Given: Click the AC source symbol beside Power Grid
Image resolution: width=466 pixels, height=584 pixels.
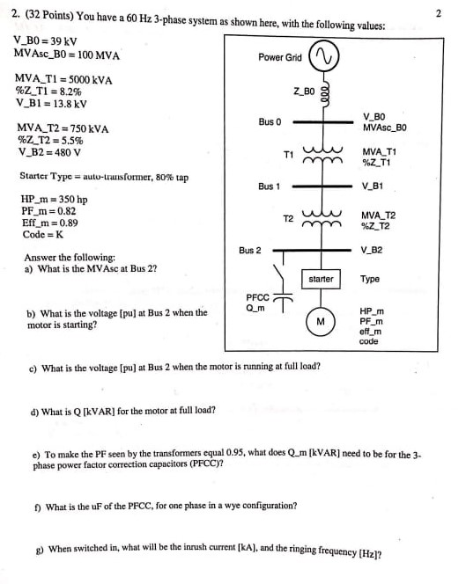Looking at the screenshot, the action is pos(324,56).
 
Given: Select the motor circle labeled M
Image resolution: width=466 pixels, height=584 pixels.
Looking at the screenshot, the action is pos(321,321).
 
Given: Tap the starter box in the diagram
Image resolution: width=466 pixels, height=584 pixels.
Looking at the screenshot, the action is pos(321,279).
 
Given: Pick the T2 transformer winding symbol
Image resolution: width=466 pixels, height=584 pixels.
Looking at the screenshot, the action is pos(322,219).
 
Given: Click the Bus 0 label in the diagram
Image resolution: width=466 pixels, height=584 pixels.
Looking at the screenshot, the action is pos(270,121).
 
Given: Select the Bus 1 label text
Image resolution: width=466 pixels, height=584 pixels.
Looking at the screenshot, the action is pos(269,186).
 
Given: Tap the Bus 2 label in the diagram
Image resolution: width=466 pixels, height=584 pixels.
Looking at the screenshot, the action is pos(250,251).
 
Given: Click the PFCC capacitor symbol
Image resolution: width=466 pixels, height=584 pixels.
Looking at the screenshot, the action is pos(283,299).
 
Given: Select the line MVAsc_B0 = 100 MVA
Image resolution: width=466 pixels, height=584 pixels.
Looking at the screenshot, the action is pos(67,55).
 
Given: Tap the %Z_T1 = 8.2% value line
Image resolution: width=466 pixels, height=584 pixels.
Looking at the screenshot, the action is pos(48,91).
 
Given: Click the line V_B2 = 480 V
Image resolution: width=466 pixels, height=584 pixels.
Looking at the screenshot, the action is pos(49,152).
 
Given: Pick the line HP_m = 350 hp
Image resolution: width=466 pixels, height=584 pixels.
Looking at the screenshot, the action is pos(54,200).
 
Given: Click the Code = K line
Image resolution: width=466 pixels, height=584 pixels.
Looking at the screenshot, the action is pos(43,234).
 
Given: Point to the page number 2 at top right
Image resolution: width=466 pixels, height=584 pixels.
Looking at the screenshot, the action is pos(439,13).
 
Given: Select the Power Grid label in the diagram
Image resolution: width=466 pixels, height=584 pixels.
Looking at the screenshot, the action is pos(280,57).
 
